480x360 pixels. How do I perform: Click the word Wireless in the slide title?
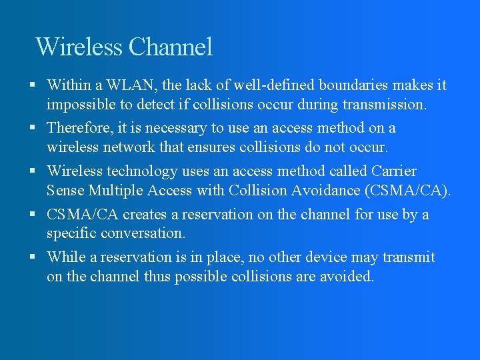tap(79, 47)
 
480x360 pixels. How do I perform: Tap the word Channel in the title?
tap(171, 47)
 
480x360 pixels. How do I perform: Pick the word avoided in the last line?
tap(348, 277)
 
